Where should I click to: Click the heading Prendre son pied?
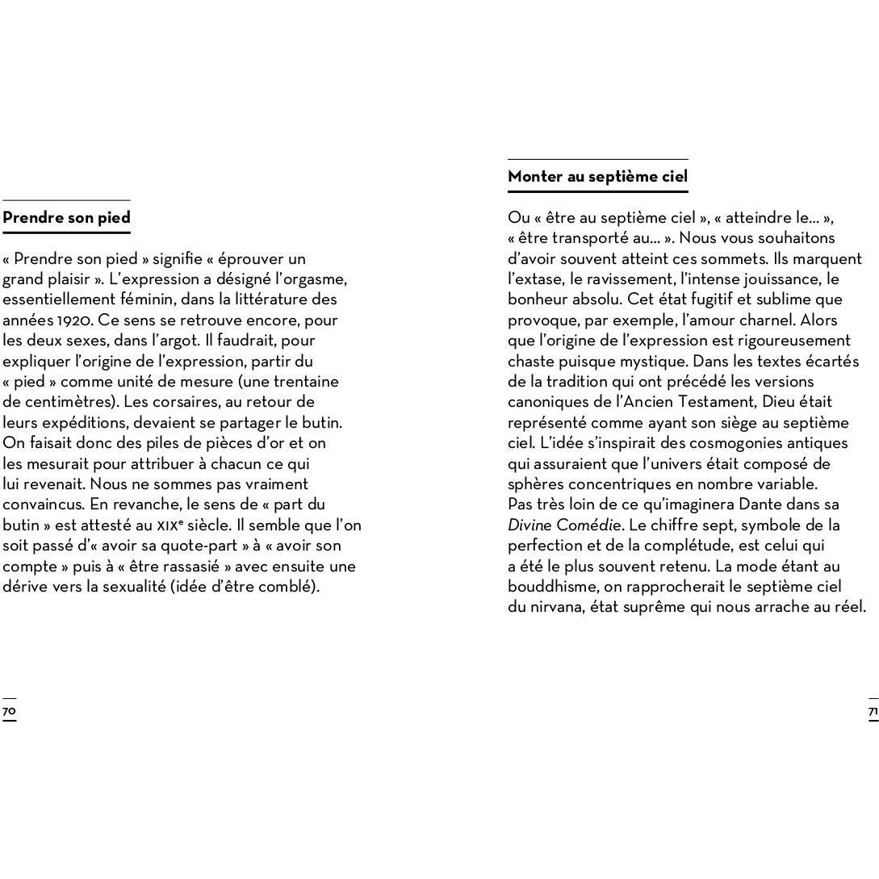click(66, 218)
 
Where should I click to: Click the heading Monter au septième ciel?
click(597, 177)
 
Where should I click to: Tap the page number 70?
click(9, 711)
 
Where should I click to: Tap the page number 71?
click(873, 711)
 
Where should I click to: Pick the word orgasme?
click(317, 279)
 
